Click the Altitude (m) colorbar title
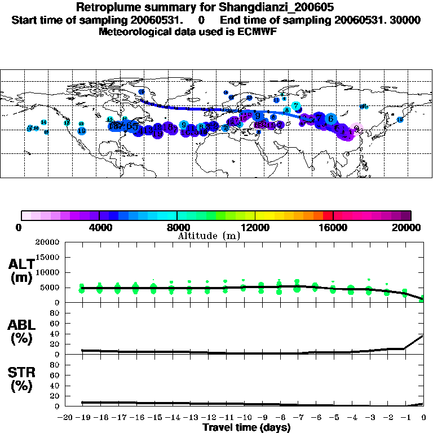pyautogui.click(x=209, y=236)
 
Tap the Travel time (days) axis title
pyautogui.click(x=246, y=428)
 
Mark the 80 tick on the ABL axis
pyautogui.click(x=55, y=313)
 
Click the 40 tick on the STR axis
pyautogui.click(x=55, y=386)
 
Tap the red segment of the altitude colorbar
pyautogui.click(x=328, y=215)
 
